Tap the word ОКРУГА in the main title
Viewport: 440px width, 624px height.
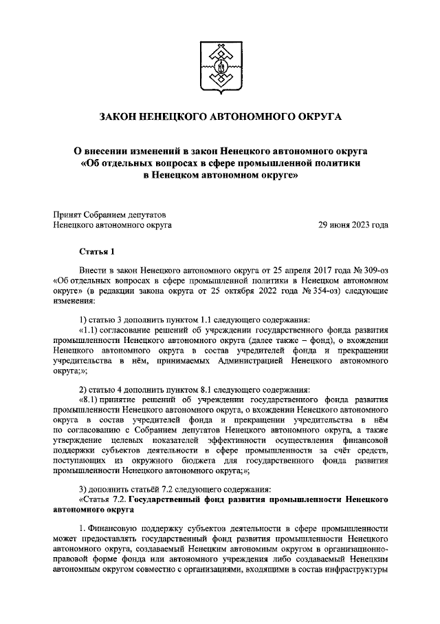click(x=318, y=118)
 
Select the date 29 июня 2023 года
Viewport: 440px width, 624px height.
click(x=353, y=225)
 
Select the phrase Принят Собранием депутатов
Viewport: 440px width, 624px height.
click(x=110, y=214)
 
